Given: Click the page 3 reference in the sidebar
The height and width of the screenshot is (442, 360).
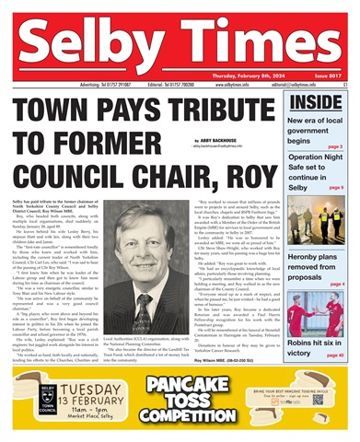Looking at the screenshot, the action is (336, 146).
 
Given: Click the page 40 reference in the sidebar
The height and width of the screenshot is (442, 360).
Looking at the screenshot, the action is (334, 354).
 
